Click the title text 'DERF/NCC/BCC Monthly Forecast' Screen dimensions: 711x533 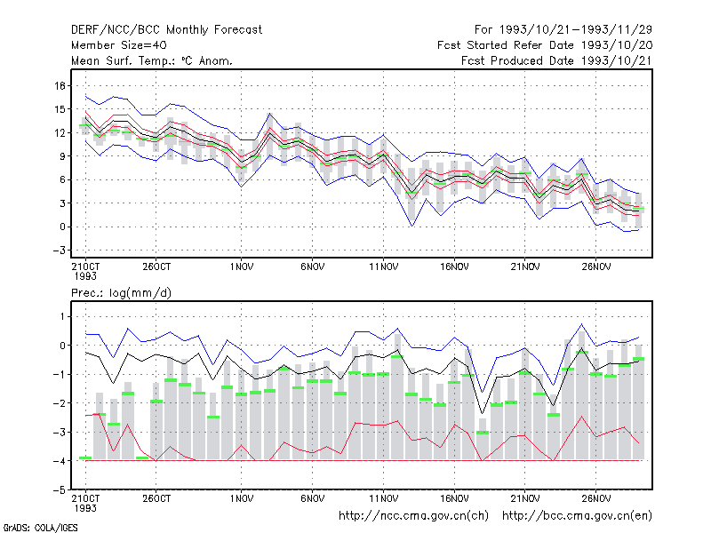tap(166, 30)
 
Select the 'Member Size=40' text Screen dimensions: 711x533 tap(119, 45)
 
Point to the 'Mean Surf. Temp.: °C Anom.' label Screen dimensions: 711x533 tap(152, 60)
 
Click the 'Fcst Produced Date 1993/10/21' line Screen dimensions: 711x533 tap(557, 60)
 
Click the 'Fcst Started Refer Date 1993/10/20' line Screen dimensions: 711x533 tap(545, 45)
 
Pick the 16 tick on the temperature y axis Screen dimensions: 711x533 tap(60, 85)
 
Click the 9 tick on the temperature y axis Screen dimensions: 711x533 tap(62, 156)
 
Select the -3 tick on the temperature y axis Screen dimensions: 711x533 tap(59, 251)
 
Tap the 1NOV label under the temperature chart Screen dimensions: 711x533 tap(241, 266)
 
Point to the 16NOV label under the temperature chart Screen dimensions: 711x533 tap(454, 266)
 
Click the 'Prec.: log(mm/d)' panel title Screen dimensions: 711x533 tap(121, 293)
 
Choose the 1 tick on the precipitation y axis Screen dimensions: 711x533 tap(62, 316)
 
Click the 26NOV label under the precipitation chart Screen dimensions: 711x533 tap(595, 498)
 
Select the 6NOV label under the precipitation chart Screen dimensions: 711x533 tap(313, 498)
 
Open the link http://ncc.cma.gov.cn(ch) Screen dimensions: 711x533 tap(413, 516)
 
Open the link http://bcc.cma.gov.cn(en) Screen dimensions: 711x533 tap(577, 516)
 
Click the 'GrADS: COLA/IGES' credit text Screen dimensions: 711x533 tap(40, 528)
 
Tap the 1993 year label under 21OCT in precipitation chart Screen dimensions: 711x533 tap(85, 508)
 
